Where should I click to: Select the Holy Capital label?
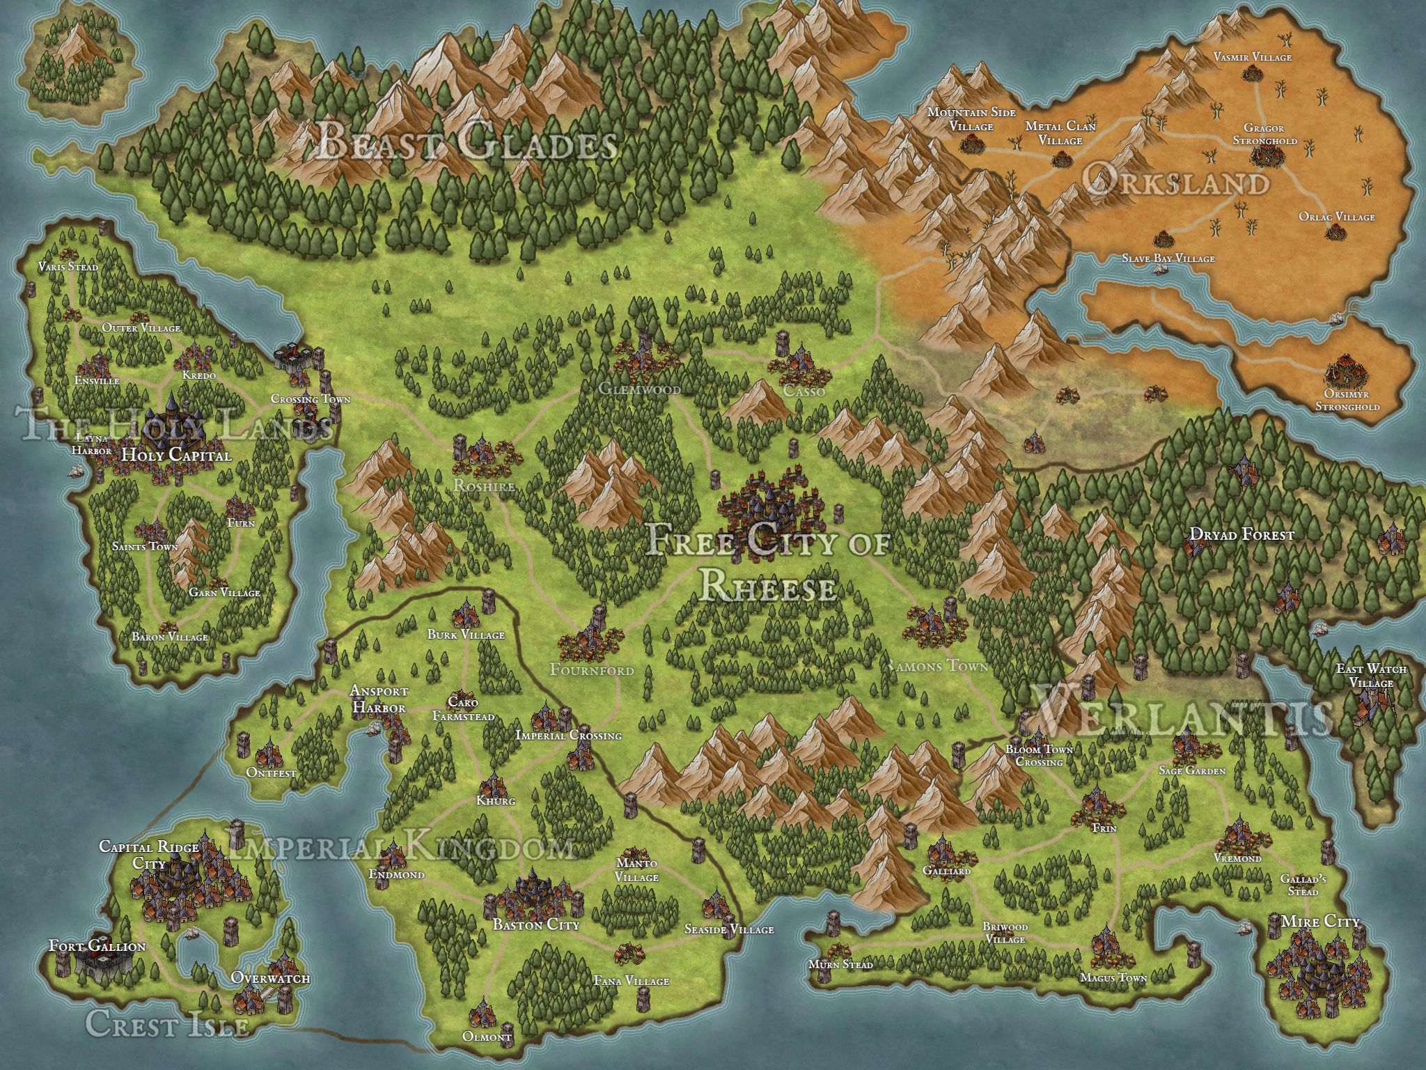pos(175,456)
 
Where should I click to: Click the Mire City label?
pos(1319,922)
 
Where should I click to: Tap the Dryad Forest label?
pos(1241,535)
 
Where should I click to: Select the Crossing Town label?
pos(311,399)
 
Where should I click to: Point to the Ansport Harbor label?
pos(379,699)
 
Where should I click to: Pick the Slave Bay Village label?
pos(1168,258)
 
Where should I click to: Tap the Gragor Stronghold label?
pos(1264,134)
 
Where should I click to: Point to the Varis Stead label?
pos(68,267)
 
